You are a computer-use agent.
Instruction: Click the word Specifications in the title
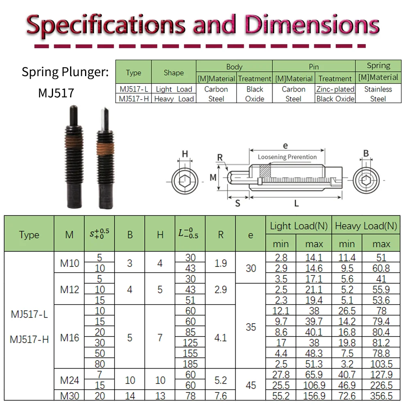[107, 25]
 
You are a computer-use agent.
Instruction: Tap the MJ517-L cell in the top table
[133, 89]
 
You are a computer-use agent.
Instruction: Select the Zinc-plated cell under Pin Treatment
[335, 89]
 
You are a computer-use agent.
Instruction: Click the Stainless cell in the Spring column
[378, 89]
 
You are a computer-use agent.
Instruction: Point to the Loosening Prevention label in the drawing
[287, 157]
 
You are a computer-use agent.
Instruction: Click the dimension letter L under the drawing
[296, 203]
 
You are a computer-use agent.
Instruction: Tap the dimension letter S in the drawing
[238, 203]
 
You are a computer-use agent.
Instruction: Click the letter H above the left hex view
[185, 153]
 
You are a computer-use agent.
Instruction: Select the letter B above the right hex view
[366, 153]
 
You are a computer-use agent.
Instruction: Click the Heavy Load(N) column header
[366, 226]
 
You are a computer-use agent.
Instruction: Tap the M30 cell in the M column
[69, 396]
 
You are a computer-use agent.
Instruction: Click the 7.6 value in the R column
[220, 396]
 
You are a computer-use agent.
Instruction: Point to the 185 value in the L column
[190, 364]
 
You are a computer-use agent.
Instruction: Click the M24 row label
[69, 380]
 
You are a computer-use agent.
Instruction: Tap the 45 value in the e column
[251, 385]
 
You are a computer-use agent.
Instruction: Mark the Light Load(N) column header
[299, 226]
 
